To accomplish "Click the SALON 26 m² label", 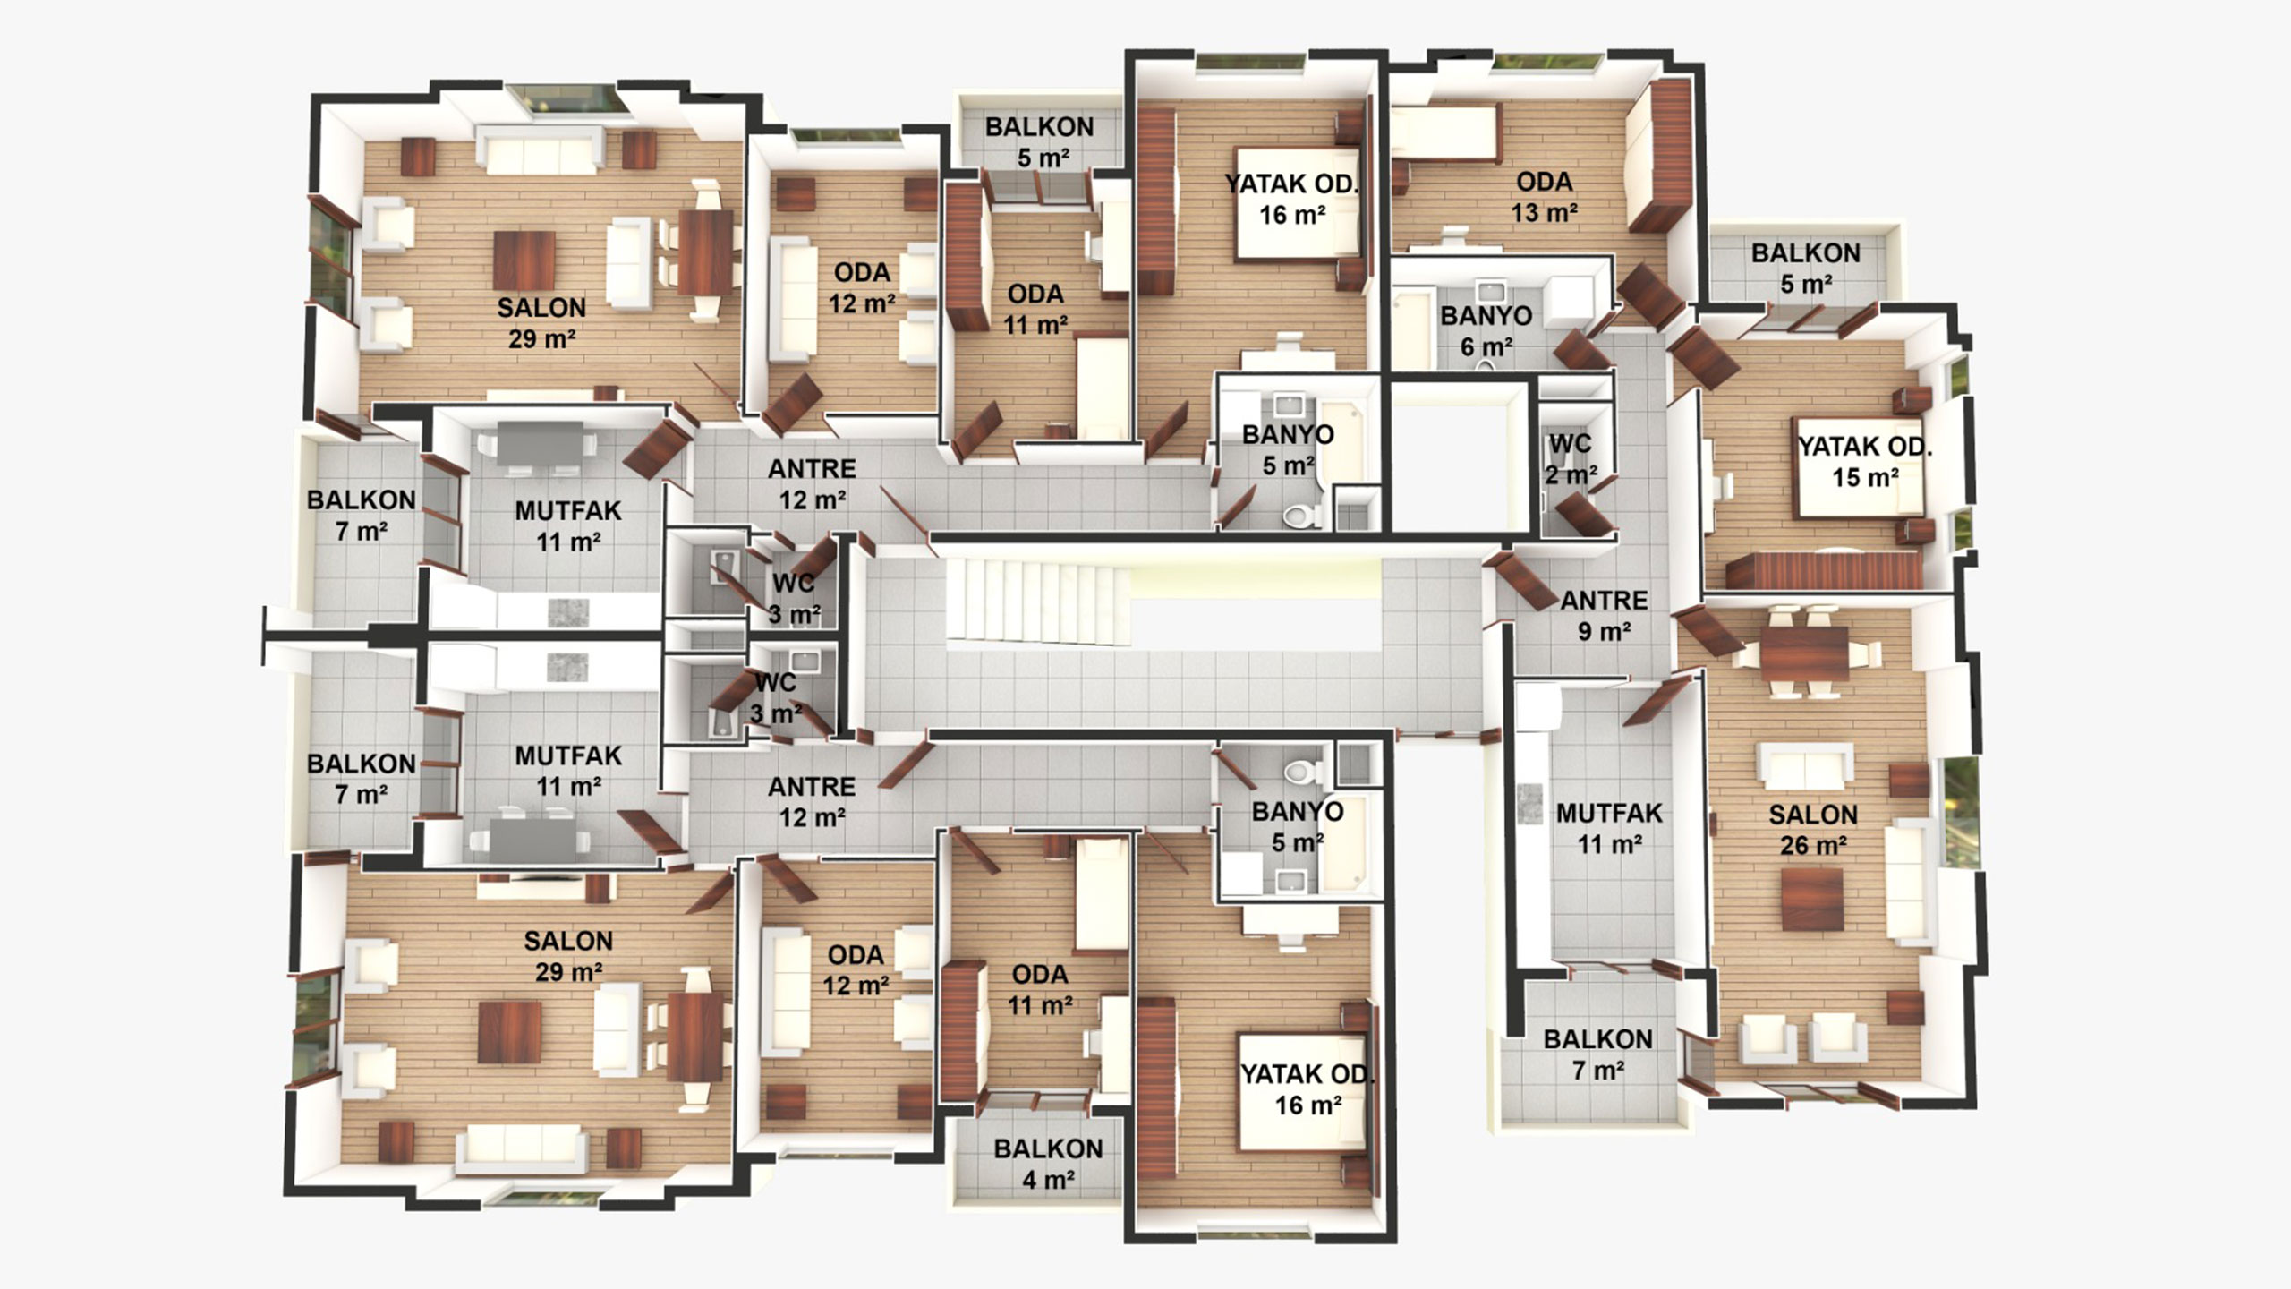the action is tap(1813, 830).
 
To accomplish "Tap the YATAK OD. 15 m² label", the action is tap(1865, 461).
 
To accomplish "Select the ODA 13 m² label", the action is tap(1544, 197).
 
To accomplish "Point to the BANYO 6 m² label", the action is tap(1486, 330).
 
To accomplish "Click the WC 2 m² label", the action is tap(1570, 458).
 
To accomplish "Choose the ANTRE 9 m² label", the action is tap(1604, 616).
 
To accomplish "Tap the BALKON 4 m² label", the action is tap(1048, 1164).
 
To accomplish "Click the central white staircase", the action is tap(1038, 601).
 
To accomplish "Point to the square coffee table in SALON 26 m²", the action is tap(1812, 899).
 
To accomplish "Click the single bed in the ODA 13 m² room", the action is tap(1443, 134).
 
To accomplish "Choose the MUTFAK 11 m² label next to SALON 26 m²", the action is tap(1609, 829).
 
